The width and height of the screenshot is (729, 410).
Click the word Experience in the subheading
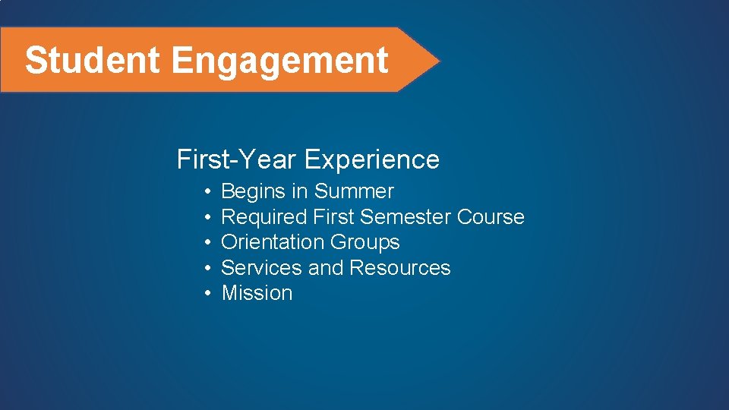click(x=372, y=160)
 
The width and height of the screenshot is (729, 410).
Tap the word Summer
click(x=354, y=191)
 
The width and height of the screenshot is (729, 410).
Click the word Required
click(x=264, y=217)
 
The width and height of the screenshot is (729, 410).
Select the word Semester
click(x=406, y=217)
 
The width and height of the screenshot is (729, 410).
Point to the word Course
click(x=491, y=217)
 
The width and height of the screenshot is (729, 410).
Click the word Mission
click(x=257, y=293)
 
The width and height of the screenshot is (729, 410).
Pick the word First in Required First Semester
click(x=333, y=217)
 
